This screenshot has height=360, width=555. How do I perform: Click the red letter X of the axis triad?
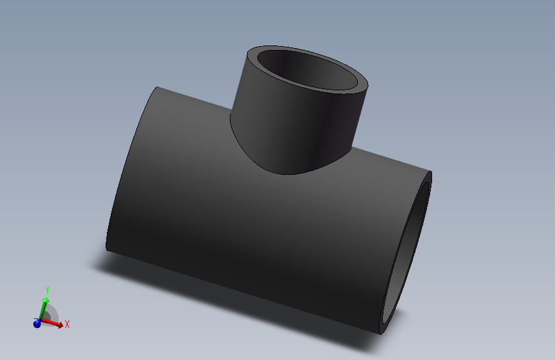click(x=67, y=324)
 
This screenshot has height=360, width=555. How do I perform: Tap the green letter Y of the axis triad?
click(x=47, y=291)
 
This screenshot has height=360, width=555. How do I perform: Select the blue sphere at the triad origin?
click(x=37, y=323)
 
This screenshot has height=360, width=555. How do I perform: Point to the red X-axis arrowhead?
click(x=60, y=325)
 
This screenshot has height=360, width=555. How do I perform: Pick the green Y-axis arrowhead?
click(x=45, y=299)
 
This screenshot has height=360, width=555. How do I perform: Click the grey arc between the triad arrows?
click(x=52, y=313)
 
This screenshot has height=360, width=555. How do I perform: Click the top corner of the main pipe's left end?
click(x=157, y=88)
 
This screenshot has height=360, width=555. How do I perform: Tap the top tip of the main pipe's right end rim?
click(x=430, y=173)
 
